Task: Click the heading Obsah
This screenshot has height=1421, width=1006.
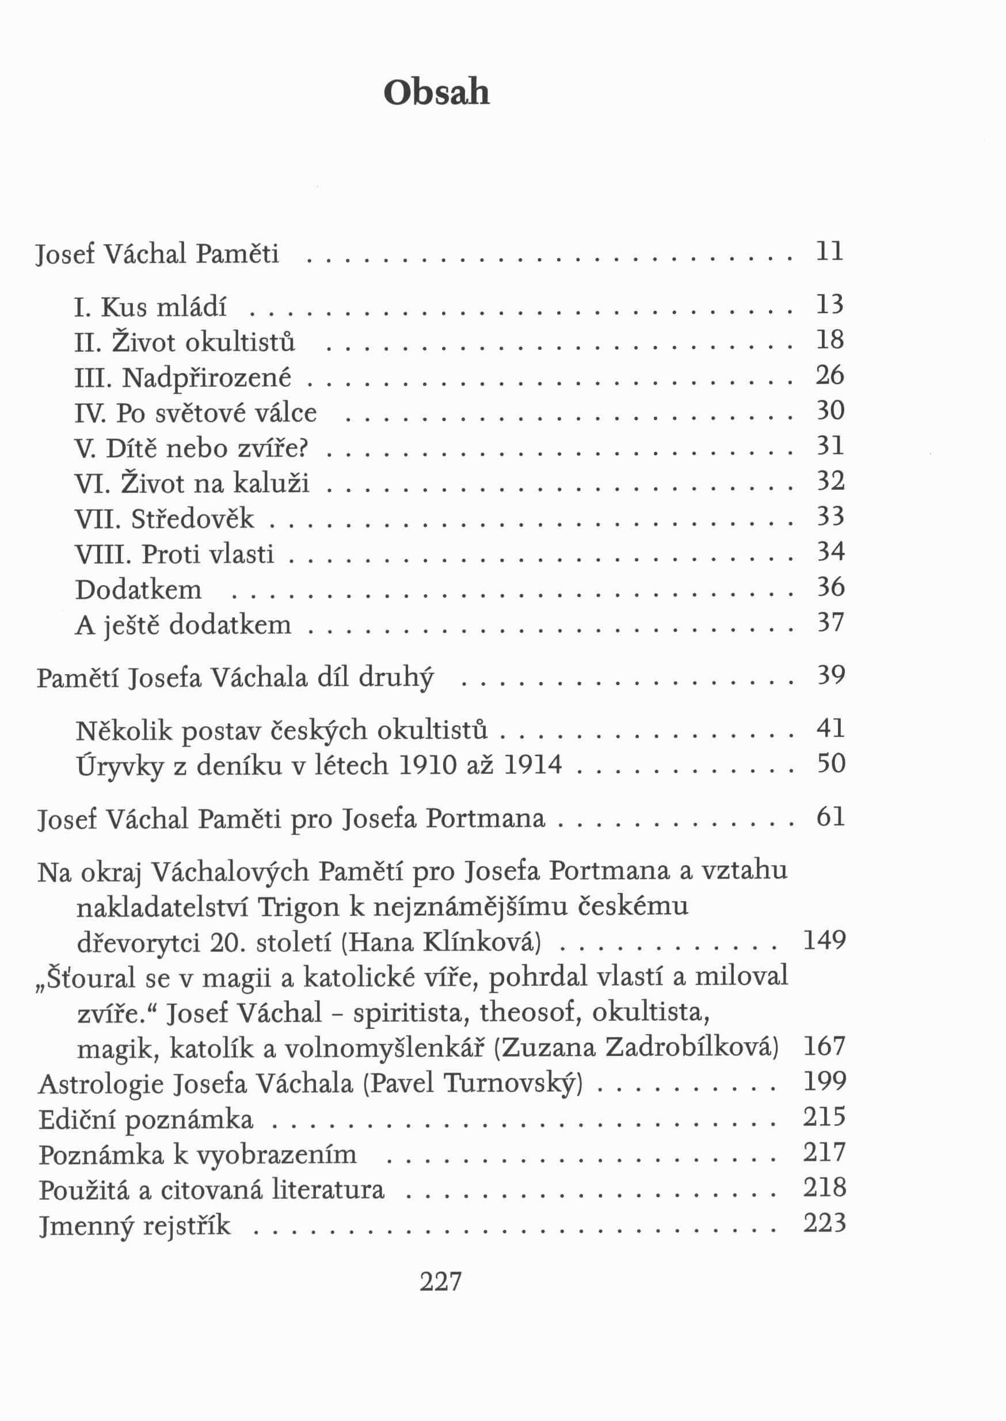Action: click(x=437, y=94)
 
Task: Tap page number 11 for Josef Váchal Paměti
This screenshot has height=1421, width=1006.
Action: click(x=830, y=252)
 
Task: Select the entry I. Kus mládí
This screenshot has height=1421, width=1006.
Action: click(x=151, y=307)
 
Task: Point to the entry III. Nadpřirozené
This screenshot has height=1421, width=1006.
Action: click(x=183, y=377)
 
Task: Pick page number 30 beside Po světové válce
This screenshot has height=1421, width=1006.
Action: click(x=830, y=411)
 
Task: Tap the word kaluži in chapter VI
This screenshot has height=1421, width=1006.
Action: click(x=270, y=484)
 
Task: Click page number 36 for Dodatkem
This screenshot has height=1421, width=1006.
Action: click(x=830, y=586)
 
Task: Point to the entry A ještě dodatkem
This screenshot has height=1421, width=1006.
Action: click(x=183, y=625)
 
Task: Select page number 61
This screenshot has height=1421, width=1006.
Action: click(x=830, y=817)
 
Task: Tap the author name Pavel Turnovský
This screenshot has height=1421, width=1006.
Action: click(x=473, y=1083)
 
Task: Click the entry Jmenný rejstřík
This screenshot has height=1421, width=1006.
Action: click(x=135, y=1225)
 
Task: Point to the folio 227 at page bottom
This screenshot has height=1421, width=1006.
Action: click(x=440, y=1281)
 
